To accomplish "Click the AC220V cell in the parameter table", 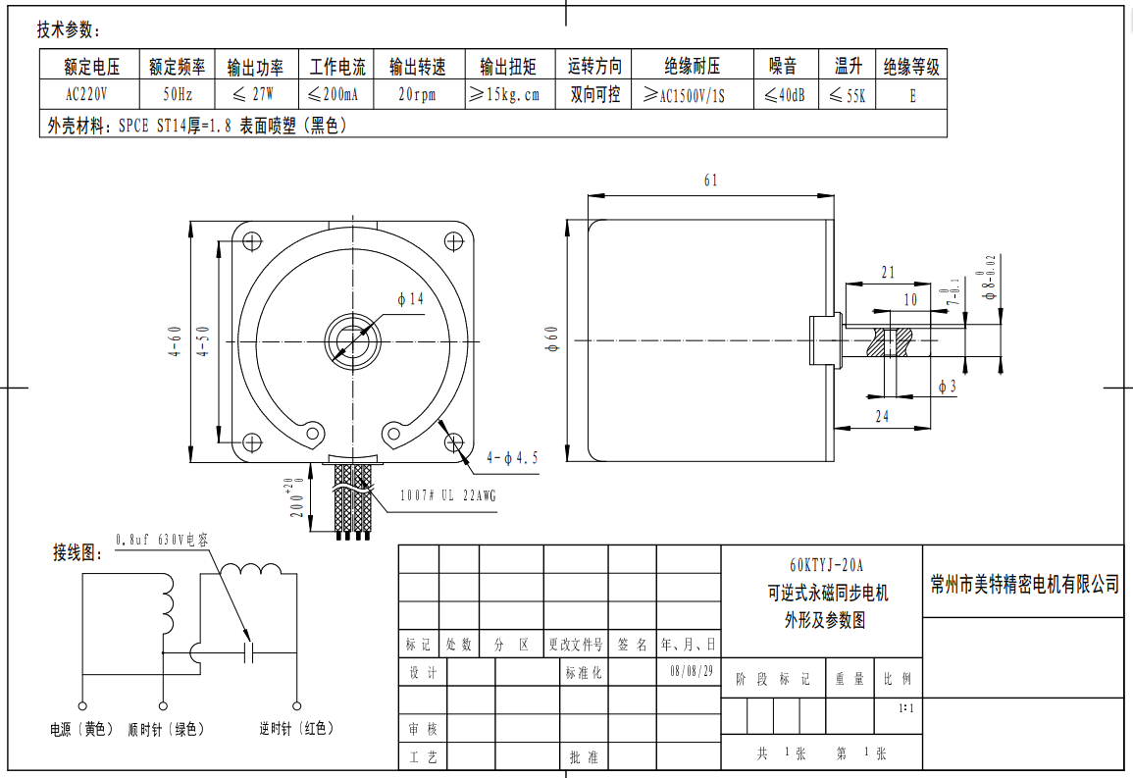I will [x=86, y=95].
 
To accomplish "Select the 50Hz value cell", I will [x=177, y=95].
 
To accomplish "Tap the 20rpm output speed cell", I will [x=417, y=95].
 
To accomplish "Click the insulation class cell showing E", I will [x=912, y=95].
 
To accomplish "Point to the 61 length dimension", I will [x=710, y=181].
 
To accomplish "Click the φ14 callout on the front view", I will [x=410, y=299].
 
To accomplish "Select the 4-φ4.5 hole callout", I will [x=512, y=457].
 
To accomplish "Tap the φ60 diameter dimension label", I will [x=551, y=339].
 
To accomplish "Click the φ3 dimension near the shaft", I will [x=947, y=387].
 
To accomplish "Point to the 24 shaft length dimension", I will [x=882, y=416].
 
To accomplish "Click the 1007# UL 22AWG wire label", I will [x=447, y=496].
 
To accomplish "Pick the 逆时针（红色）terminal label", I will [x=296, y=729].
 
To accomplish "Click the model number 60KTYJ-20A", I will [x=827, y=565].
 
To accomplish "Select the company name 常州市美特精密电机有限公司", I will [x=1024, y=585].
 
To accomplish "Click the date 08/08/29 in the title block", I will [x=692, y=672].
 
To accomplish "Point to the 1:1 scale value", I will [x=905, y=707].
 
